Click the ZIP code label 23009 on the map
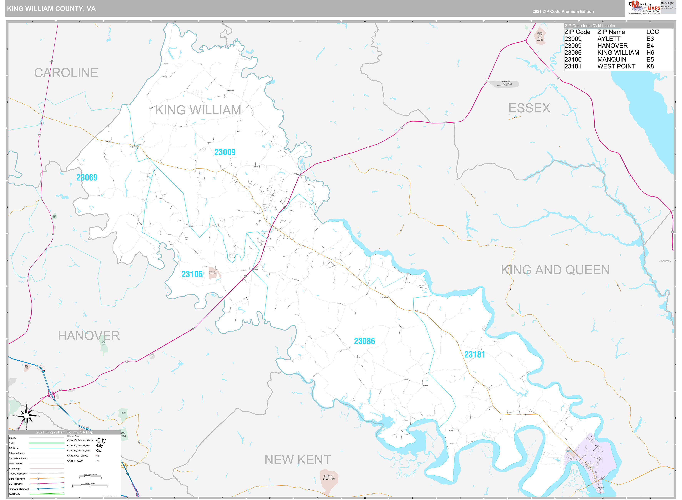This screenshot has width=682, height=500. (225, 152)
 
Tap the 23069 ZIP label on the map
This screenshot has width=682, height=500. (87, 178)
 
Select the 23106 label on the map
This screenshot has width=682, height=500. (192, 274)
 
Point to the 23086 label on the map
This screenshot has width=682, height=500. (364, 341)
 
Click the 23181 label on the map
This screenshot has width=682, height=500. (474, 354)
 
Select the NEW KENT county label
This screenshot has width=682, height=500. (298, 460)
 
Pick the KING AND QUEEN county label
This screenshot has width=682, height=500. (555, 270)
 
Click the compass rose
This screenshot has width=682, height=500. (27, 416)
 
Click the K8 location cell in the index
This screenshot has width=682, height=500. (650, 67)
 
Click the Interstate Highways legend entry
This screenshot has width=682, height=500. (19, 489)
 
